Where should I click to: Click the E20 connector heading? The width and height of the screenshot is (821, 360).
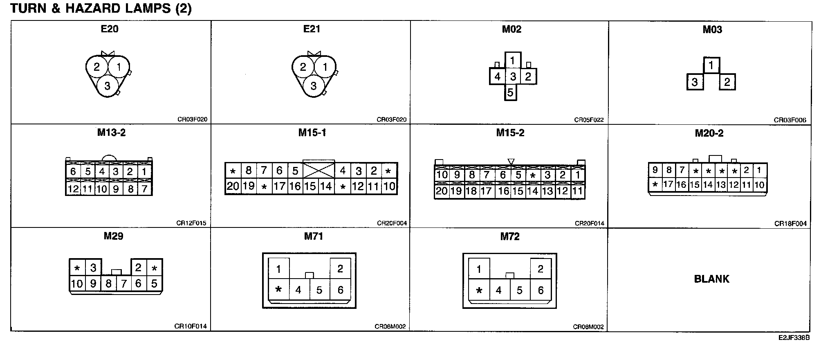pos(109,29)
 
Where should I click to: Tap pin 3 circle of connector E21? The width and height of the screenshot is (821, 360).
pos(314,86)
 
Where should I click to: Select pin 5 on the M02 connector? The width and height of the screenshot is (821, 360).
pos(510,92)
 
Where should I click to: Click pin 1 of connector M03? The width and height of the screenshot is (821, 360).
pos(711,65)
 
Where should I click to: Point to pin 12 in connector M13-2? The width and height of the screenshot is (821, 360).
pos(73,189)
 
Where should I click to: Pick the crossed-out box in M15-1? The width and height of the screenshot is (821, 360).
pos(319,171)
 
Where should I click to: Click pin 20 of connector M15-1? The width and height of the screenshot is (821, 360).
pos(233,187)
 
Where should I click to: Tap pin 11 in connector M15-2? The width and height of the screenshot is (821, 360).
pos(577,191)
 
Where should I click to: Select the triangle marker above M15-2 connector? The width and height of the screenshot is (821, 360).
pos(511,162)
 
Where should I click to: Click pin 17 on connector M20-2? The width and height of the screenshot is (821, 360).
pos(668,184)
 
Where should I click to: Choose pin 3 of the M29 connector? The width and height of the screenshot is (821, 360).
pos(93,268)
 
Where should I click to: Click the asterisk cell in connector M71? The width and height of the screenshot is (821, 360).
pos(278,290)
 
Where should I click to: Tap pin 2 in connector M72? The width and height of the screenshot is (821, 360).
pos(541,269)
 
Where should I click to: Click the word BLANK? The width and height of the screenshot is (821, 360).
pos(711,279)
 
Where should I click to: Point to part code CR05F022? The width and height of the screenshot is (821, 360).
pos(589,120)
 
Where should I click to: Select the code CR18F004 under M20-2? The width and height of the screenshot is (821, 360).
pos(790,224)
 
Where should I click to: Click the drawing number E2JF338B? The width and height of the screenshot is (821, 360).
pos(794,338)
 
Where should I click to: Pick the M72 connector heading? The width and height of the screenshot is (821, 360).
pos(510,236)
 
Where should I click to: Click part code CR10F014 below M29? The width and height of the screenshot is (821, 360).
pos(191,326)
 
